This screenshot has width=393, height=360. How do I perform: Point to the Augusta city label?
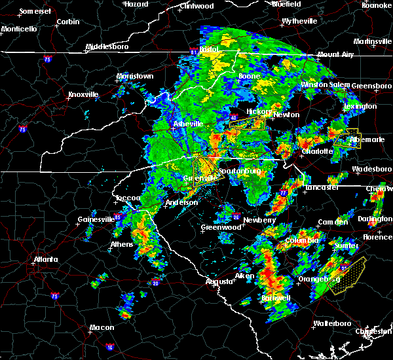[219, 281]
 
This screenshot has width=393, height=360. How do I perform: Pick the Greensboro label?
[371, 86]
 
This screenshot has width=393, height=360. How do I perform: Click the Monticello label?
[18, 29]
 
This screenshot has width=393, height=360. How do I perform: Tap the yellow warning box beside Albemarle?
[347, 139]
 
